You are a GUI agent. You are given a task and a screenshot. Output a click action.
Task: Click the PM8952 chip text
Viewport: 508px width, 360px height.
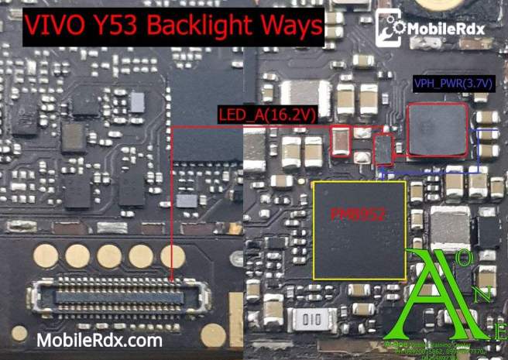point(358,213)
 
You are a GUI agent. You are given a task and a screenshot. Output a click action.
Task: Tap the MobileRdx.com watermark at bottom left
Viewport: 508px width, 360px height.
point(99,341)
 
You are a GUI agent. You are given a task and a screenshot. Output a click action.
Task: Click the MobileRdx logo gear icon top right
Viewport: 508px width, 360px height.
point(392,32)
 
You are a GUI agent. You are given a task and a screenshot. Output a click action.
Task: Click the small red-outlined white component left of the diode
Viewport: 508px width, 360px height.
point(340,140)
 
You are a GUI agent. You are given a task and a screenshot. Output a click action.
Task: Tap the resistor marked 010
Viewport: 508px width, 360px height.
point(313,318)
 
